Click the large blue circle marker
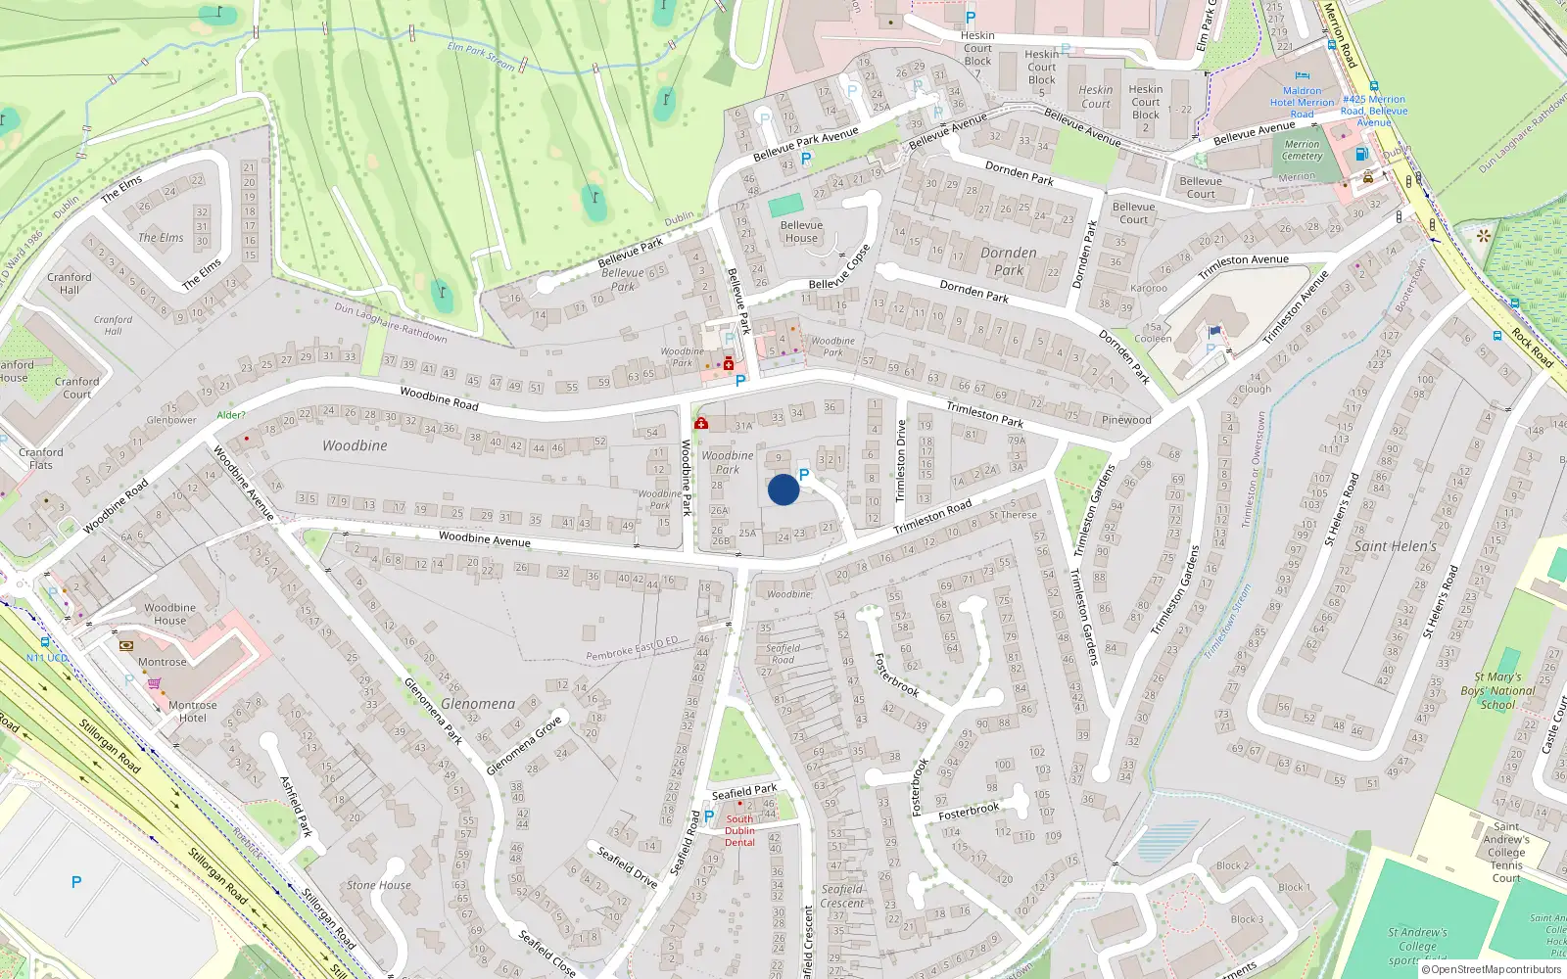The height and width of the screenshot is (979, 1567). pos(783,489)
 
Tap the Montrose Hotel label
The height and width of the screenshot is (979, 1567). pos(193,711)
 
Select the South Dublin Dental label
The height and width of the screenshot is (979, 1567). pos(739,830)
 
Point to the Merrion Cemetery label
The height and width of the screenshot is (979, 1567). pos(1303,150)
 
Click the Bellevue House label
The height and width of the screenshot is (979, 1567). pos(801,231)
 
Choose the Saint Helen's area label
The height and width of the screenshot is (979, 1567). pos(1396,546)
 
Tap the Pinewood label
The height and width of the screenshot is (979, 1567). pos(1126,420)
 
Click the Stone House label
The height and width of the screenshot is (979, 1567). pos(379,885)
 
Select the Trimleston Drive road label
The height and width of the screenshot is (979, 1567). pos(901,460)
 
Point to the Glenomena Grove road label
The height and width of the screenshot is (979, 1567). pos(524,745)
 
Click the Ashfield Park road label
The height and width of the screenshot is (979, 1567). pos(296,806)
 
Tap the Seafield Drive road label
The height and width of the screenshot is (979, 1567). pos(627,866)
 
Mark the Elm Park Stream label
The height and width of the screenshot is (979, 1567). pos(481,56)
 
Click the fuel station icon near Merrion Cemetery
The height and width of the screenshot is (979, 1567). pos(1360,154)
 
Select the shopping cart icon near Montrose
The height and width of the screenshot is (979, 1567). pos(154,683)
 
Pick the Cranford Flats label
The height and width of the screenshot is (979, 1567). pos(40,458)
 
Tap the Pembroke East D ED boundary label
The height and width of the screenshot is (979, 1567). pos(632,649)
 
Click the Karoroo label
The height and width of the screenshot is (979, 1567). pos(1149,288)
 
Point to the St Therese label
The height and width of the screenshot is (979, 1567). pos(1013,515)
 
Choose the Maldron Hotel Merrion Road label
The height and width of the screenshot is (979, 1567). pos(1302,102)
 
